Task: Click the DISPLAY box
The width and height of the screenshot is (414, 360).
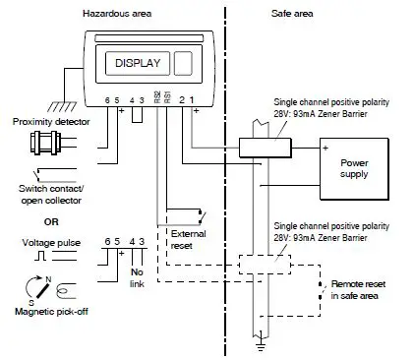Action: tap(136, 63)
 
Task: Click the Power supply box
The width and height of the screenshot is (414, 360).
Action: tap(352, 167)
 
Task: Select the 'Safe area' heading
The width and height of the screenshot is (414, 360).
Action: tap(291, 11)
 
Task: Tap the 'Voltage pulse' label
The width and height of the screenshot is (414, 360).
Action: tap(48, 241)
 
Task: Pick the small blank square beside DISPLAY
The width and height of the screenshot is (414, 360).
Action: tap(183, 64)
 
